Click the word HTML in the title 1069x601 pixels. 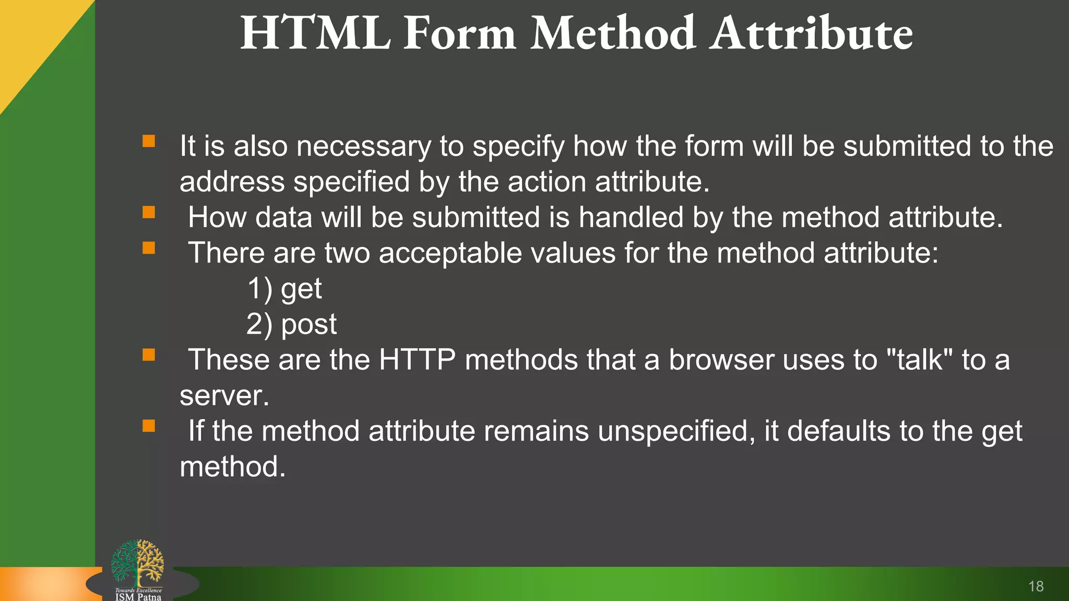point(315,34)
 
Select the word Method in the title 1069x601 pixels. point(613,34)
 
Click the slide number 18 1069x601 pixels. point(1036,586)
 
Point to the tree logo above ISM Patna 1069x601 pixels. point(138,562)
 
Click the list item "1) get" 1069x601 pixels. point(284,289)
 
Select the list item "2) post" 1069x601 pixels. point(291,324)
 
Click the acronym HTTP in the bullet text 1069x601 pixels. point(417,360)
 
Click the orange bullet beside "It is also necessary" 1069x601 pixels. point(149,141)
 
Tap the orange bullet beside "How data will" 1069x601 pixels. point(149,212)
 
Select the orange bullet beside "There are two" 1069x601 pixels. point(149,248)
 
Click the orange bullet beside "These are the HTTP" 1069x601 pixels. point(149,355)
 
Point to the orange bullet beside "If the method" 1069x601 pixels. point(149,426)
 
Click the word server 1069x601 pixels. point(224,395)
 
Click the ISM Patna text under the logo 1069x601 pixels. point(138,597)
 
